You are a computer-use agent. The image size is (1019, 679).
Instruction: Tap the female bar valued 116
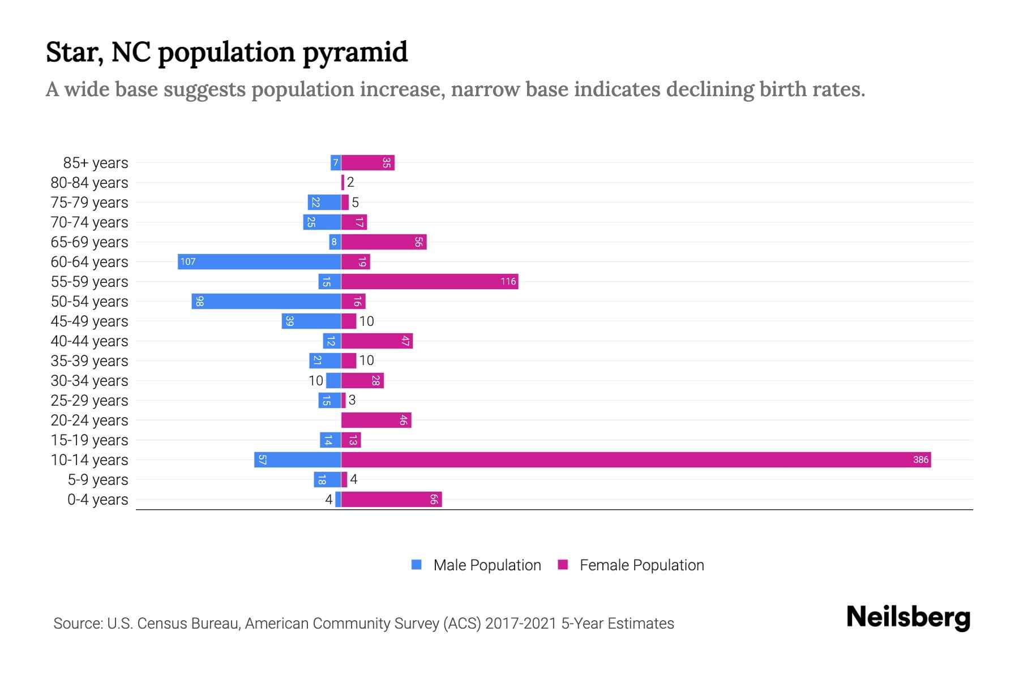[x=430, y=281]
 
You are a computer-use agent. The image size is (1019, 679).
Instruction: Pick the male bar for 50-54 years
[x=266, y=301]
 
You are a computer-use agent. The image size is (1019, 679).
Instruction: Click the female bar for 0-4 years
[x=391, y=499]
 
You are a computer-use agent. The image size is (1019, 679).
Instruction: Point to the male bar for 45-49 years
[x=311, y=321]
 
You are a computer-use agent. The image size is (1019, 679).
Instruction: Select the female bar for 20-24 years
[x=376, y=420]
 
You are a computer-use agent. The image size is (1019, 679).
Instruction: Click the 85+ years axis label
[x=95, y=163]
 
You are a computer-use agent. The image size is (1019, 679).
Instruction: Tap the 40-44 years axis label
[x=89, y=341]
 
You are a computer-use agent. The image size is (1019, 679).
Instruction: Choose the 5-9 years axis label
[x=97, y=480]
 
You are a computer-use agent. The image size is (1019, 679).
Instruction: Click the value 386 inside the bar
[x=920, y=459]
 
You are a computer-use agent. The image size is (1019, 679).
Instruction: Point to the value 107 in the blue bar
[x=188, y=261]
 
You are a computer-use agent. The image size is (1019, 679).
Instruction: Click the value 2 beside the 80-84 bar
[x=350, y=182]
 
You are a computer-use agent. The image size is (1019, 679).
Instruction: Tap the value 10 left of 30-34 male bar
[x=316, y=381]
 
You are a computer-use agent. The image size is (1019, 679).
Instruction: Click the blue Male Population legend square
[x=417, y=565]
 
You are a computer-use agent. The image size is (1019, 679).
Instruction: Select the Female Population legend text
[x=641, y=565]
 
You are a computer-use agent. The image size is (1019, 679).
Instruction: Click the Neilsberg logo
[x=908, y=617]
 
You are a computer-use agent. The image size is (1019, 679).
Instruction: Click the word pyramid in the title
[x=355, y=52]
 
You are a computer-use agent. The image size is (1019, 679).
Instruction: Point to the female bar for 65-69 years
[x=383, y=242]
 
